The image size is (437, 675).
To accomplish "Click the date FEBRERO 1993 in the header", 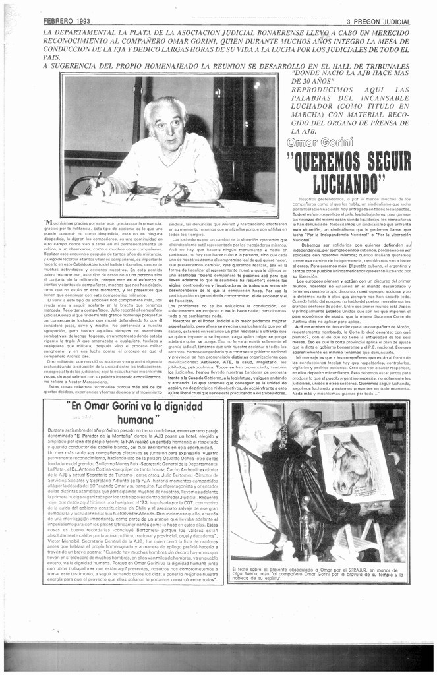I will point(67,22).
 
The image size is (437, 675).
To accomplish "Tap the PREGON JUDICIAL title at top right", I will point(381,22).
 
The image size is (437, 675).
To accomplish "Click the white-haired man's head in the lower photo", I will point(256,428).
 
